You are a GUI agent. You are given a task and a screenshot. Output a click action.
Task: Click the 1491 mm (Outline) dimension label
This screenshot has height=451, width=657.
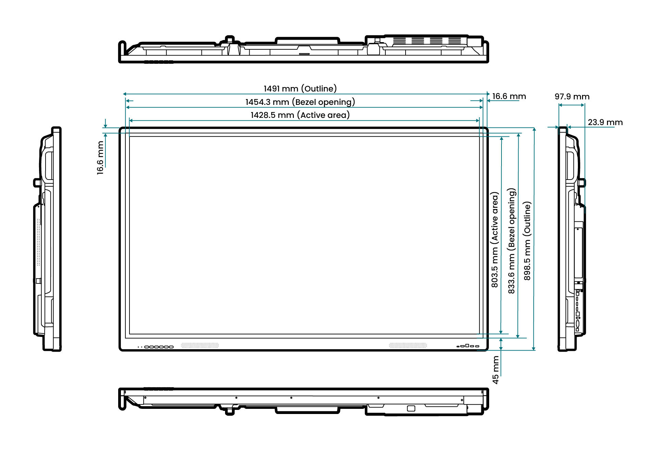click(300, 89)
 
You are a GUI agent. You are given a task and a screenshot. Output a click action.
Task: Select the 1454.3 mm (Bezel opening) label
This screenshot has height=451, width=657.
click(300, 102)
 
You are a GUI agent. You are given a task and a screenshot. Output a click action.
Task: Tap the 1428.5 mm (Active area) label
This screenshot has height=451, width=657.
click(300, 115)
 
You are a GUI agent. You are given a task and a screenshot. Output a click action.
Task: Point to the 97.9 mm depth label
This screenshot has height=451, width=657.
click(572, 97)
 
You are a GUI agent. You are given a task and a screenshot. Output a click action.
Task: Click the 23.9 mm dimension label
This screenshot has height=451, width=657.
click(605, 122)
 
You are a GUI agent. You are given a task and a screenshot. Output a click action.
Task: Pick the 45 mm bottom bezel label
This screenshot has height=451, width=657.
click(496, 370)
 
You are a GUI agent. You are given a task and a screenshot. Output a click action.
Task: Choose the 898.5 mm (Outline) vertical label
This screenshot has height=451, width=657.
click(527, 241)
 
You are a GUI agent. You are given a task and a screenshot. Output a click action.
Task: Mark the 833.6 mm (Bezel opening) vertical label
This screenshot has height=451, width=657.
click(511, 241)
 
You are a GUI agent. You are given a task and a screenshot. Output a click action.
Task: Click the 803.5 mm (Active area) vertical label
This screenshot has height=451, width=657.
click(495, 240)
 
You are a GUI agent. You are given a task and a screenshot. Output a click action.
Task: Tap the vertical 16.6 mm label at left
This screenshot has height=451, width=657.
click(100, 158)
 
